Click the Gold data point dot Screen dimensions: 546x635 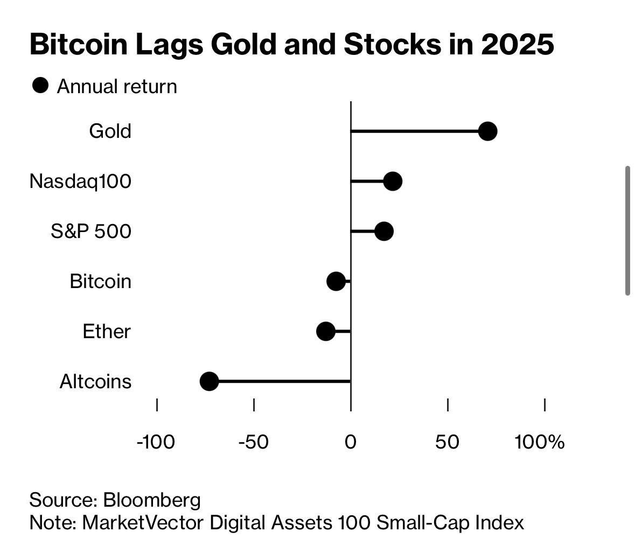(487, 131)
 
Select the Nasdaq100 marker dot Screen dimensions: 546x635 (393, 181)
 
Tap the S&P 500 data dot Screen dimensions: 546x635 (384, 232)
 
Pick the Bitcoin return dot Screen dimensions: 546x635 (336, 281)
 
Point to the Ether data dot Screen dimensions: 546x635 (326, 331)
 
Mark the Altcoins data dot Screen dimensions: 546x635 (209, 382)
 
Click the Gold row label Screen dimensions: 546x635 (110, 131)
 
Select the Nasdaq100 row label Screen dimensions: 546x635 (80, 181)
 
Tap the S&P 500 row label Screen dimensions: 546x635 (91, 232)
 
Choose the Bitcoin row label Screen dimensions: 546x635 (100, 281)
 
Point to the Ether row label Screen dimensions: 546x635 (107, 331)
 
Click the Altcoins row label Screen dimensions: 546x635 (95, 382)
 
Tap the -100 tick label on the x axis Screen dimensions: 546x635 (156, 442)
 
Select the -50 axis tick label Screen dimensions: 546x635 (253, 442)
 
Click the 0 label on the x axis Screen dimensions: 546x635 (351, 442)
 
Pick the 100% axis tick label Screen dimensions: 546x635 (540, 442)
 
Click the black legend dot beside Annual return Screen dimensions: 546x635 (40, 86)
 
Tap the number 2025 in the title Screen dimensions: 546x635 (517, 45)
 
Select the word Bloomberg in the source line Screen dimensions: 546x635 (151, 500)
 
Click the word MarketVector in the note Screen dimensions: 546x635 (143, 522)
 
